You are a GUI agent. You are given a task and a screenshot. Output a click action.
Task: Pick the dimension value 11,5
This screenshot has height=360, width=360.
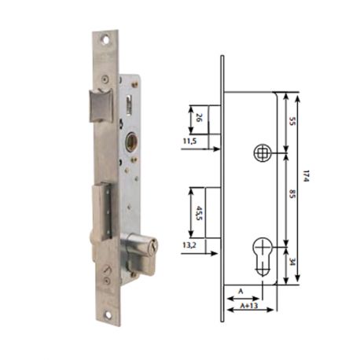[188, 141]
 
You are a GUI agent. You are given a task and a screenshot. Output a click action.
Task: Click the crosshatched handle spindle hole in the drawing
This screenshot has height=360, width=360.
[262, 152]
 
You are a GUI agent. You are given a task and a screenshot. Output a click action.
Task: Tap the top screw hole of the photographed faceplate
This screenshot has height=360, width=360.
[104, 37]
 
